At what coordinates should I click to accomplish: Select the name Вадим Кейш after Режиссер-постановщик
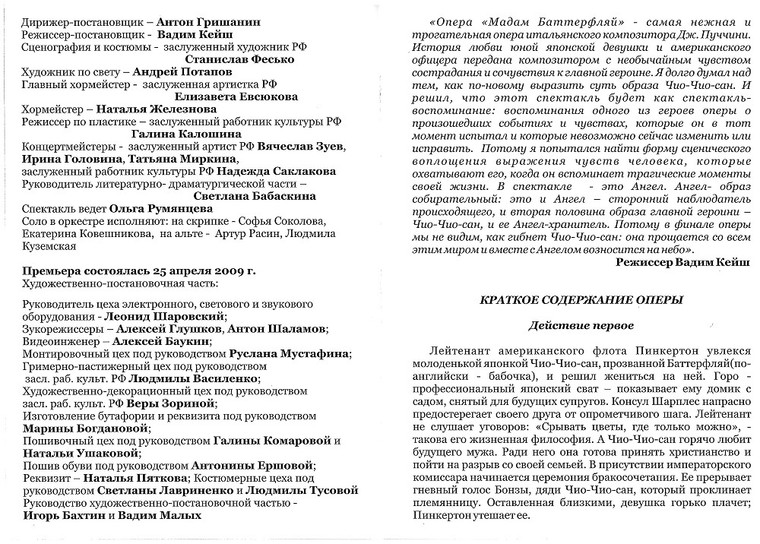195,34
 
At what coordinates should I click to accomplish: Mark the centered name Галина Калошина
169,134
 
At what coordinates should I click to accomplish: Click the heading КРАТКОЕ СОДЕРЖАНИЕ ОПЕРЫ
581,300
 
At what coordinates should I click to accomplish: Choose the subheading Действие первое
581,326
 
